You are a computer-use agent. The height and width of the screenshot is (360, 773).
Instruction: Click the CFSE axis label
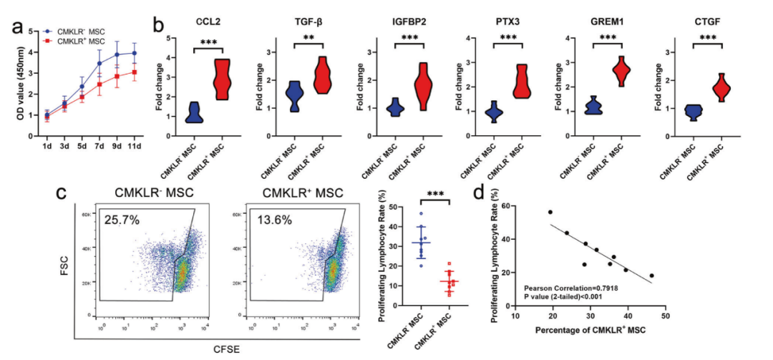pyautogui.click(x=225, y=349)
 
